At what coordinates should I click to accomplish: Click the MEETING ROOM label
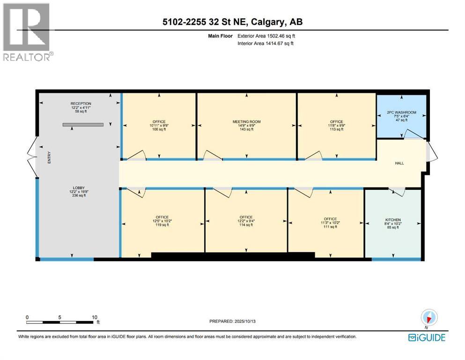(246, 122)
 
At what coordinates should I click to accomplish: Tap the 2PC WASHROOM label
(401, 112)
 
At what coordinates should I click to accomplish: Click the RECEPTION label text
(81, 104)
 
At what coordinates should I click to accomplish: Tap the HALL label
(399, 163)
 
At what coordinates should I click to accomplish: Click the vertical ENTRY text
(49, 157)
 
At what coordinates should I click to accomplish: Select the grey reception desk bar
(83, 125)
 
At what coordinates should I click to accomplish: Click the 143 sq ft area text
(246, 130)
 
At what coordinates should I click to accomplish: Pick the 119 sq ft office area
(162, 225)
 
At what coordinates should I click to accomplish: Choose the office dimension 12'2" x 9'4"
(246, 221)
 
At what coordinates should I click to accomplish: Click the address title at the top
(232, 22)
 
